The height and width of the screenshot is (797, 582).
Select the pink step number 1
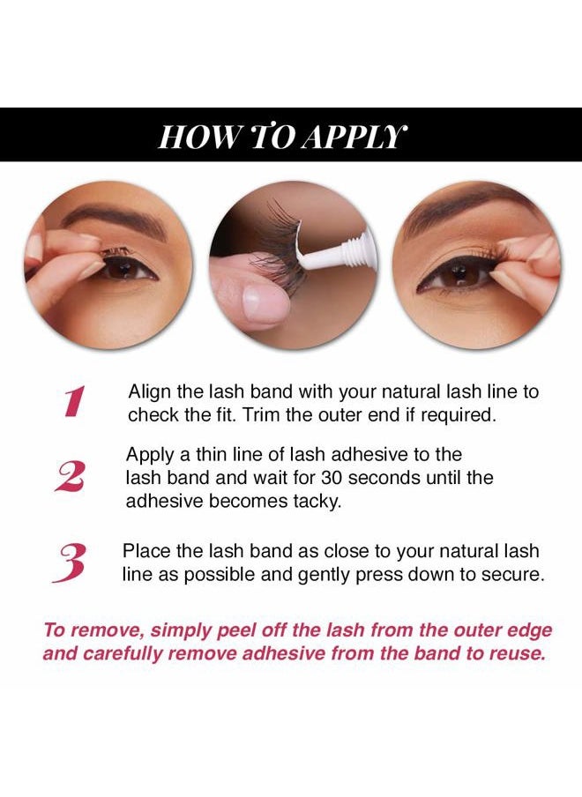pyautogui.click(x=74, y=402)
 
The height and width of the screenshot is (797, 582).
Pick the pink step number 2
pyautogui.click(x=70, y=477)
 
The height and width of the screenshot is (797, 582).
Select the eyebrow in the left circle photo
pyautogui.click(x=115, y=219)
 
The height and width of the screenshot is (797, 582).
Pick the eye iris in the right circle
pyautogui.click(x=459, y=275)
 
